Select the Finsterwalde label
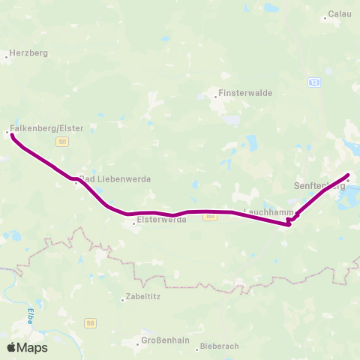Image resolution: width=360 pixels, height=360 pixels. [235, 94]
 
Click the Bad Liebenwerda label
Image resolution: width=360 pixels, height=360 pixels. [116, 179]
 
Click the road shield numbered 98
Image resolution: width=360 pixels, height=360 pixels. [91, 323]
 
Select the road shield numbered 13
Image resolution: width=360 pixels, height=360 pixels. [313, 82]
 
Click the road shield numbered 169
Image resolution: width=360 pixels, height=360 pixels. [210, 217]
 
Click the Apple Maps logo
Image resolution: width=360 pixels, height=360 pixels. [27, 347]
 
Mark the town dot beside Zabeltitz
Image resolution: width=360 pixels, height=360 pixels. [123, 299]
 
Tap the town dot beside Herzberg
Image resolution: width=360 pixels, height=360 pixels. [6, 55]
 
